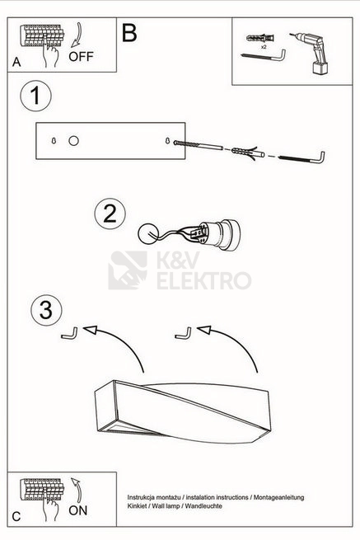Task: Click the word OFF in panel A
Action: tap(81, 57)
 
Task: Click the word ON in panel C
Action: tap(78, 510)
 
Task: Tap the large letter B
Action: tap(129, 34)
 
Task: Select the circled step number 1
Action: tap(35, 96)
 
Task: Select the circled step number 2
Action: tap(110, 214)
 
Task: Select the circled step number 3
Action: tap(46, 310)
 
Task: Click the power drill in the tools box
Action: tap(312, 52)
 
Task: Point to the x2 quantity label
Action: tap(264, 46)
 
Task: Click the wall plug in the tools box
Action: tap(260, 38)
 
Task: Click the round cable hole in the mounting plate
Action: tap(73, 141)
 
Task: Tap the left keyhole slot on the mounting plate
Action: tap(54, 141)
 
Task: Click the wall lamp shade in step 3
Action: tap(183, 412)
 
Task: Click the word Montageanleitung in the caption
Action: tap(278, 498)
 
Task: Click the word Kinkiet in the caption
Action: tap(136, 506)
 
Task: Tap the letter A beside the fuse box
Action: tap(16, 62)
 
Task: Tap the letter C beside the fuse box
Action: tap(16, 517)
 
